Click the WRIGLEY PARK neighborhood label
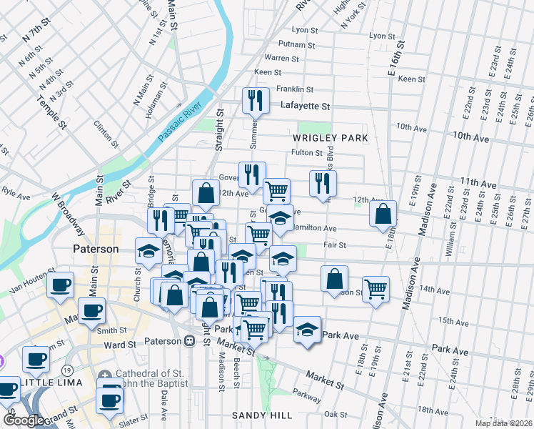click(330, 137)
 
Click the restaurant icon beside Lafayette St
click(255, 101)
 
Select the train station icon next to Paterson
click(189, 341)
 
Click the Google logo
click(23, 420)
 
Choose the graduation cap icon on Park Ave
click(307, 330)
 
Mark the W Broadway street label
click(67, 214)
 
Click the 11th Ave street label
click(478, 184)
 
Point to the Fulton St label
click(307, 152)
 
